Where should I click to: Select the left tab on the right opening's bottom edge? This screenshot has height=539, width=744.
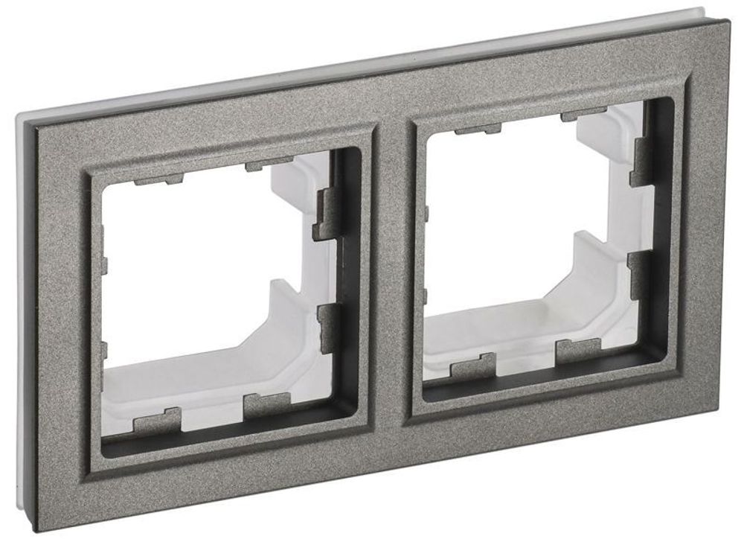click(472, 364)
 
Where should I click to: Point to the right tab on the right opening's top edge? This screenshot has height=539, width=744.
click(584, 116)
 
